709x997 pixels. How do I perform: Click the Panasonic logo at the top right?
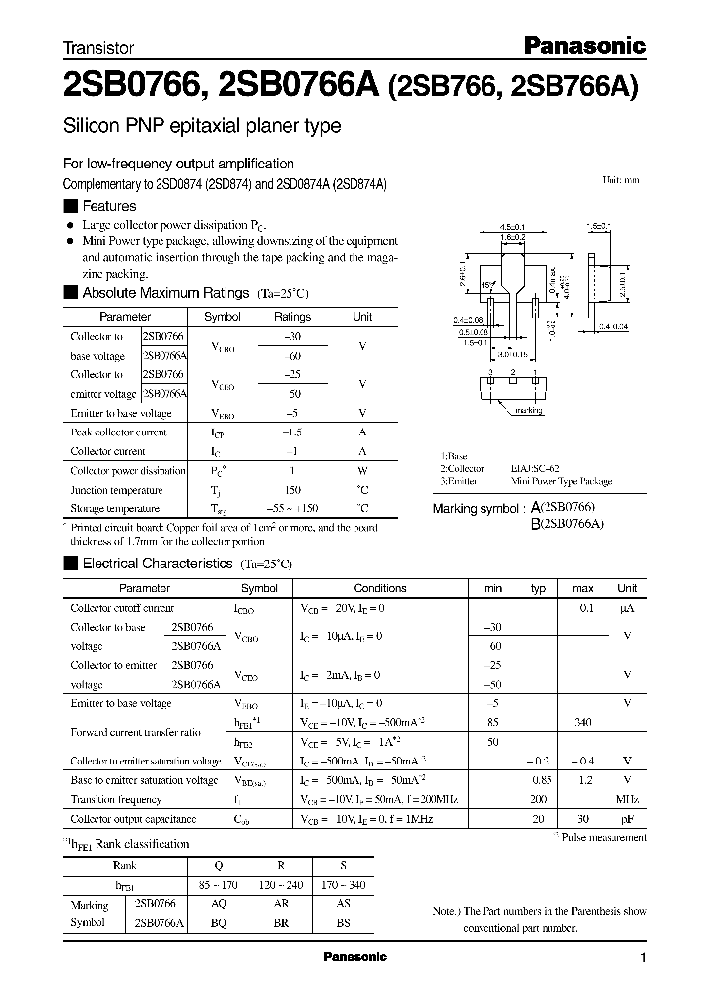click(582, 44)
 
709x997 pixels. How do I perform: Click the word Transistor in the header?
click(98, 47)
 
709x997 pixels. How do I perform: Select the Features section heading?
click(108, 206)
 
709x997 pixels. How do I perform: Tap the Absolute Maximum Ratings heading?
click(165, 293)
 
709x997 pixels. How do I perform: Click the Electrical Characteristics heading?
click(157, 564)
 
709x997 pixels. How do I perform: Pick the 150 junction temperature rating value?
click(291, 490)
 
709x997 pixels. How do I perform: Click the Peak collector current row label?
click(119, 432)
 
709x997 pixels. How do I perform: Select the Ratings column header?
click(291, 317)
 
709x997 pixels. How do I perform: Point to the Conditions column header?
click(379, 588)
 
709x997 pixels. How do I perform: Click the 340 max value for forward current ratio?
click(582, 722)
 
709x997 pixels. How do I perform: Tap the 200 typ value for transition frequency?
click(537, 799)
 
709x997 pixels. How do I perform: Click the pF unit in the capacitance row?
click(627, 819)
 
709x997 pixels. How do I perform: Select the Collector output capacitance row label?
click(133, 819)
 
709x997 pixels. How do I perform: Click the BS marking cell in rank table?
click(344, 924)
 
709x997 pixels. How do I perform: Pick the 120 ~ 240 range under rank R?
click(282, 885)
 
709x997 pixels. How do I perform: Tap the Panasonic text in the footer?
click(355, 957)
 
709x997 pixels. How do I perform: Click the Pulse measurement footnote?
click(604, 837)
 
